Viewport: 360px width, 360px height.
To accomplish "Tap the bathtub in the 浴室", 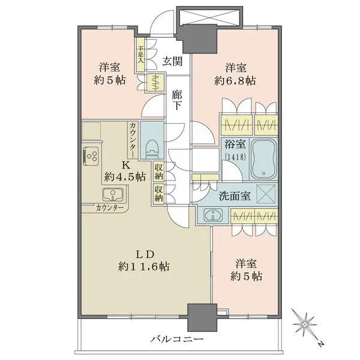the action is (264, 158).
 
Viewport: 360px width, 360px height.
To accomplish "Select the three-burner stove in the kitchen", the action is (91, 155).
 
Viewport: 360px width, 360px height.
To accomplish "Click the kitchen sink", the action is (113, 194).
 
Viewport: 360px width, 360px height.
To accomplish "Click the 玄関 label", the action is (172, 61).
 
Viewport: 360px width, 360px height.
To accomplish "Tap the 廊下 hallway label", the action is (177, 100).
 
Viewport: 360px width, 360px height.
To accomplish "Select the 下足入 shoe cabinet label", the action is (140, 55).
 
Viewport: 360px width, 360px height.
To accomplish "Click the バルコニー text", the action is (177, 339).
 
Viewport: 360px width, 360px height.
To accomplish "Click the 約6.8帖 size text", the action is (235, 81).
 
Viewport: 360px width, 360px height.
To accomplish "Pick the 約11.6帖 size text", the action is (144, 266).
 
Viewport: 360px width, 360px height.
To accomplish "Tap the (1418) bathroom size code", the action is (236, 157).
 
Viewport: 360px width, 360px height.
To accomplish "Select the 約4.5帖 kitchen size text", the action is (125, 177).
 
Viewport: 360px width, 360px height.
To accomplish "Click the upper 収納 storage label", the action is (158, 171).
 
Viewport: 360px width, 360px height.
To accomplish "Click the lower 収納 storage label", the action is (158, 193).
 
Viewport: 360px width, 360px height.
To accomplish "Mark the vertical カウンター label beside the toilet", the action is (133, 140).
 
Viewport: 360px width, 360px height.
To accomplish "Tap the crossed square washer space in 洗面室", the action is (266, 194).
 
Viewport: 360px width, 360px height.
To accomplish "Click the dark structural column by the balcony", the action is (202, 318).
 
